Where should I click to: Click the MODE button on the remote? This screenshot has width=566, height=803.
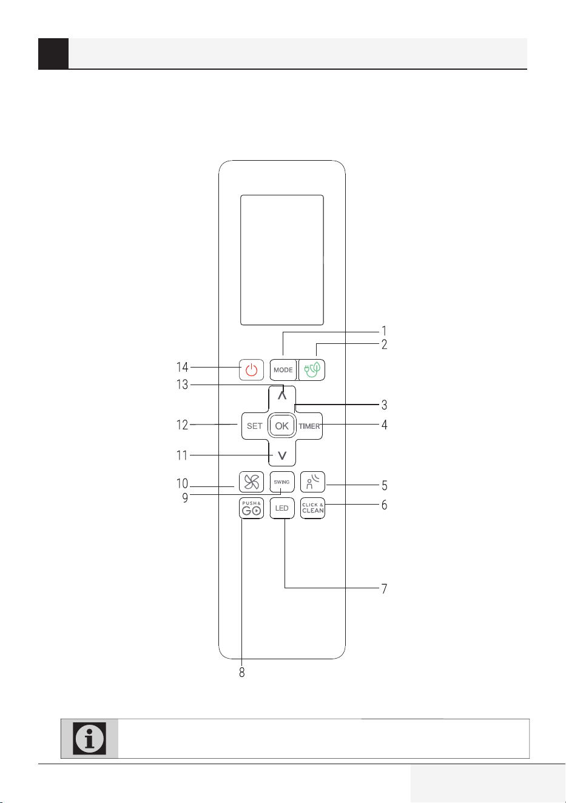[283, 369]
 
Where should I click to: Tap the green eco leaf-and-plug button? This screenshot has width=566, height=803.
[312, 369]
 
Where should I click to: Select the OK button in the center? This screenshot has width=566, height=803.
[282, 426]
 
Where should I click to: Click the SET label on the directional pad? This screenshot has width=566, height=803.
[254, 426]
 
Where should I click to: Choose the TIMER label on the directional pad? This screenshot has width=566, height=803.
[309, 426]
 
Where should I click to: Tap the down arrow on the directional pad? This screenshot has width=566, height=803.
[282, 455]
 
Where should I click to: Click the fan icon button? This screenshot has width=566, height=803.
[251, 482]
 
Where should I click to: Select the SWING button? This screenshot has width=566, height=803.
[282, 482]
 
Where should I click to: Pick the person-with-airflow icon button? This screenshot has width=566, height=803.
[312, 482]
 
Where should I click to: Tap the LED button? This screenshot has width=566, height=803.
[282, 508]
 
